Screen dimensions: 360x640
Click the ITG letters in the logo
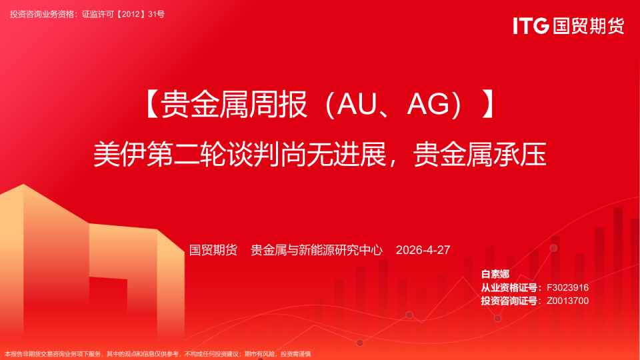(531, 26)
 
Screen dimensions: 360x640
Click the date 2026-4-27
(423, 250)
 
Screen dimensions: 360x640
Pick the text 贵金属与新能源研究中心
(317, 250)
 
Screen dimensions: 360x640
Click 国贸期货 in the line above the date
(213, 250)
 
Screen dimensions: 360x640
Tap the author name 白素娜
(495, 274)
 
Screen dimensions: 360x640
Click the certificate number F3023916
(567, 287)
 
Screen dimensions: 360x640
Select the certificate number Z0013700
(567, 301)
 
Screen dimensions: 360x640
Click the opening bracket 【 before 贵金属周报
(151, 105)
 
